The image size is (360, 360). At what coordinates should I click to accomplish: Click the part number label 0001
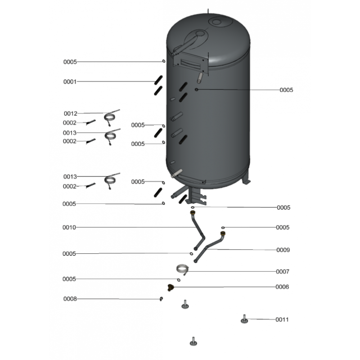70,82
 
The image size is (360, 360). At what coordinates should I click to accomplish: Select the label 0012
71,113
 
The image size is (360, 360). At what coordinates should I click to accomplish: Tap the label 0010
69,227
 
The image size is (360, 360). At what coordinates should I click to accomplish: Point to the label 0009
283,250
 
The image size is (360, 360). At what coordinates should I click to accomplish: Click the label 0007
283,272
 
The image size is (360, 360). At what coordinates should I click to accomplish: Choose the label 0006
282,287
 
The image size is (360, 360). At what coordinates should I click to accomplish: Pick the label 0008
70,299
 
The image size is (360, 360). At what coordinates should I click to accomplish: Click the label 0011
282,319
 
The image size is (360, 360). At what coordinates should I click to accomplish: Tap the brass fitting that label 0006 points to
171,288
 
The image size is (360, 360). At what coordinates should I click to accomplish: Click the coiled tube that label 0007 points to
183,269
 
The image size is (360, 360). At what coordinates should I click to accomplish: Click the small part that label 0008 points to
161,298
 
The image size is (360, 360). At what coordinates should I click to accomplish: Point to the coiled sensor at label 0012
110,117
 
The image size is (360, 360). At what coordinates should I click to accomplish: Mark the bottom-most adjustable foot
193,342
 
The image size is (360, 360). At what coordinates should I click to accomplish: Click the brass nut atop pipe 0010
193,212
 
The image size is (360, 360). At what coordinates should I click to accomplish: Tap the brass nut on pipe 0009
223,234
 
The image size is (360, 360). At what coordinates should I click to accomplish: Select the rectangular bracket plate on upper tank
190,62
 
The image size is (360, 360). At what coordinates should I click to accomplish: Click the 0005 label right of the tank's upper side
286,90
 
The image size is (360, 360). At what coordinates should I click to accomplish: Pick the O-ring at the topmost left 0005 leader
164,61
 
